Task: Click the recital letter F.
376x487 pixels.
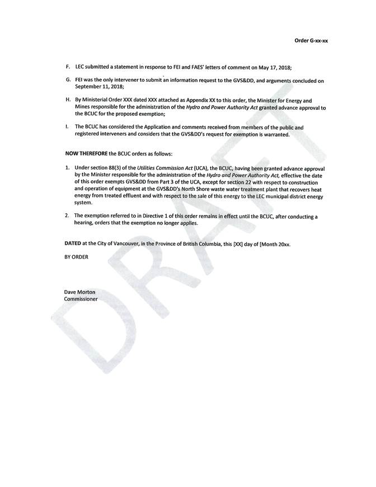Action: tap(68, 67)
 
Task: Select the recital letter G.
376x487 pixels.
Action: tap(68, 81)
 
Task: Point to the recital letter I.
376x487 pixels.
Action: tap(67, 128)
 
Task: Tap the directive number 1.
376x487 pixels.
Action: tap(67, 168)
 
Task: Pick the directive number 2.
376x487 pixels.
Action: tap(67, 216)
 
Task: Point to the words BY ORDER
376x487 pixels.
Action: tap(76, 257)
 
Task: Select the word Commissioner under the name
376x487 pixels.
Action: tap(81, 299)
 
